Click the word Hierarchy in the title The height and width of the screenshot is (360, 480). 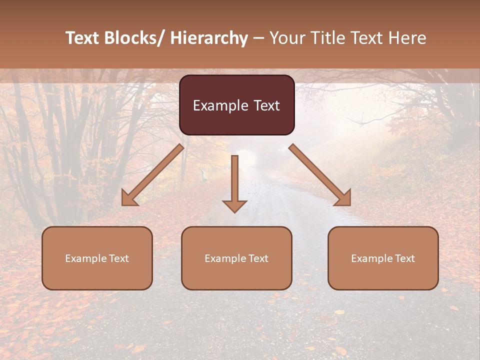pos(209,38)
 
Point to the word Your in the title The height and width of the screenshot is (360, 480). pos(287,38)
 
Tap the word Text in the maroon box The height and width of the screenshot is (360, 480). pos(266,105)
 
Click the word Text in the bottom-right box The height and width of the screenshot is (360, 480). pos(404,258)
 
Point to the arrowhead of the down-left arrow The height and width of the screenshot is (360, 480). pos(128,199)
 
